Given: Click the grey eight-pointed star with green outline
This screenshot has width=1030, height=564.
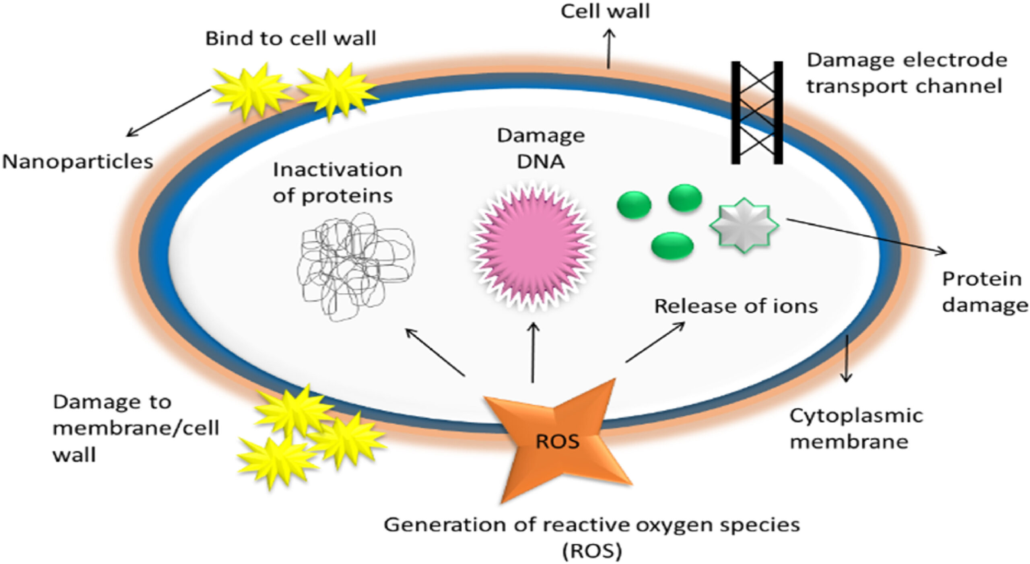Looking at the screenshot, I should point(744,225).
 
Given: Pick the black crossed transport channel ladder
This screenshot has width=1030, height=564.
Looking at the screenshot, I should point(757,113).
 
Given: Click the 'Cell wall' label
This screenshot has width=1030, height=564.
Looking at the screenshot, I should point(605,11).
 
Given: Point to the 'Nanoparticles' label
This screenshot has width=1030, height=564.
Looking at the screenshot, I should point(77,162).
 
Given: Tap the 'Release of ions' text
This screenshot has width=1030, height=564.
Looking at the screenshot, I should point(736,307).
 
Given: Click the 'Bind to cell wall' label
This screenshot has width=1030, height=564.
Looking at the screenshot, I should point(290,39).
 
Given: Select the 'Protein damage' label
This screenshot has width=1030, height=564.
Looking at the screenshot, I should point(984,292).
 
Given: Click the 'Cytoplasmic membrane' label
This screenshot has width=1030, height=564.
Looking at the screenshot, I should point(855,429).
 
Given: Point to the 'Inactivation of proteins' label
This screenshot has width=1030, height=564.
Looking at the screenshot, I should point(337,183).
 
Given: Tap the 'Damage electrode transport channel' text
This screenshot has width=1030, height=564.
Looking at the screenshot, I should point(906,73).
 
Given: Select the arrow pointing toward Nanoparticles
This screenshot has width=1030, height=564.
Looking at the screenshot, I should point(168,113).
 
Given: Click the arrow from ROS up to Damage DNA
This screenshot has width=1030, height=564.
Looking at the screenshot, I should point(533,352).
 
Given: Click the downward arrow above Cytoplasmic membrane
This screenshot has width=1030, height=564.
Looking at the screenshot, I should point(846,358).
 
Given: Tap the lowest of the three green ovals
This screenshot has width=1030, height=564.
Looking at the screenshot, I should point(672,245).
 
